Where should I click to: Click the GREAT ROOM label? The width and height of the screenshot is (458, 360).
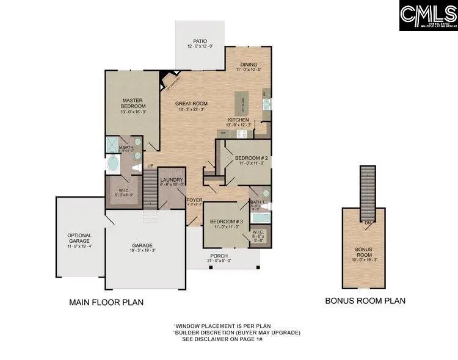point(189,104)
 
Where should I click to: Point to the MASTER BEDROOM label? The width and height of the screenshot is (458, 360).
point(132,103)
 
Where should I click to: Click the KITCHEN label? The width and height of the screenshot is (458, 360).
point(238,120)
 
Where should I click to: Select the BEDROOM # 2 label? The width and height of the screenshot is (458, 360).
point(252,157)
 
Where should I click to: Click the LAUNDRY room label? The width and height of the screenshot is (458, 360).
point(172,180)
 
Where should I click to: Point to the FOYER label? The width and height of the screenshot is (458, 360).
point(194,199)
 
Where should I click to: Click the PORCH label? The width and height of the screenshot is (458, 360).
point(219,256)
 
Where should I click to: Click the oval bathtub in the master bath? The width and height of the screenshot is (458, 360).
point(114,164)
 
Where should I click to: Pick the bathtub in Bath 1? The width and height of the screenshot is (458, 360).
point(258,217)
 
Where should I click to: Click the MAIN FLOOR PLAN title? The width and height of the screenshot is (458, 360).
point(106,302)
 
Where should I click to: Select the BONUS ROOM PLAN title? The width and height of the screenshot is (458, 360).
point(365,301)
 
